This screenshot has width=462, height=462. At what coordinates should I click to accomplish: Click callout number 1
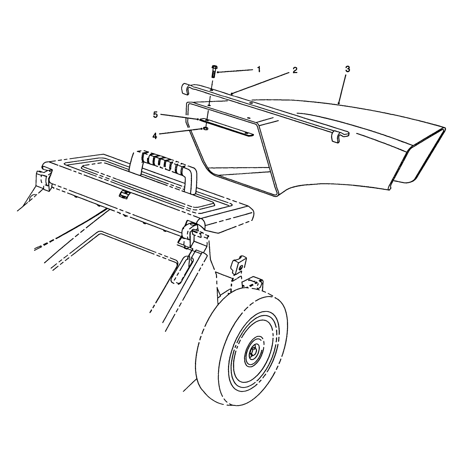coord(259,69)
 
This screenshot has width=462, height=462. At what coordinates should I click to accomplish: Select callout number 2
coord(295,70)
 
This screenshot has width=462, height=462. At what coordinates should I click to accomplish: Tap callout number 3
coord(347,69)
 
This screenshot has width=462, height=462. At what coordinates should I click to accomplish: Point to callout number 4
coord(155,136)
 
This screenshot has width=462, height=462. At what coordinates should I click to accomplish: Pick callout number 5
coord(156,115)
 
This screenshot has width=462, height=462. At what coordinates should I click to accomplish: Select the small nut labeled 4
coord(206,129)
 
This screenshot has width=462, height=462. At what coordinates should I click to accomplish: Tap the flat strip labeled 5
coord(226,127)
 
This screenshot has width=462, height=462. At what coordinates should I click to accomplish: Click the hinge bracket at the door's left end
coord(44,180)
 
